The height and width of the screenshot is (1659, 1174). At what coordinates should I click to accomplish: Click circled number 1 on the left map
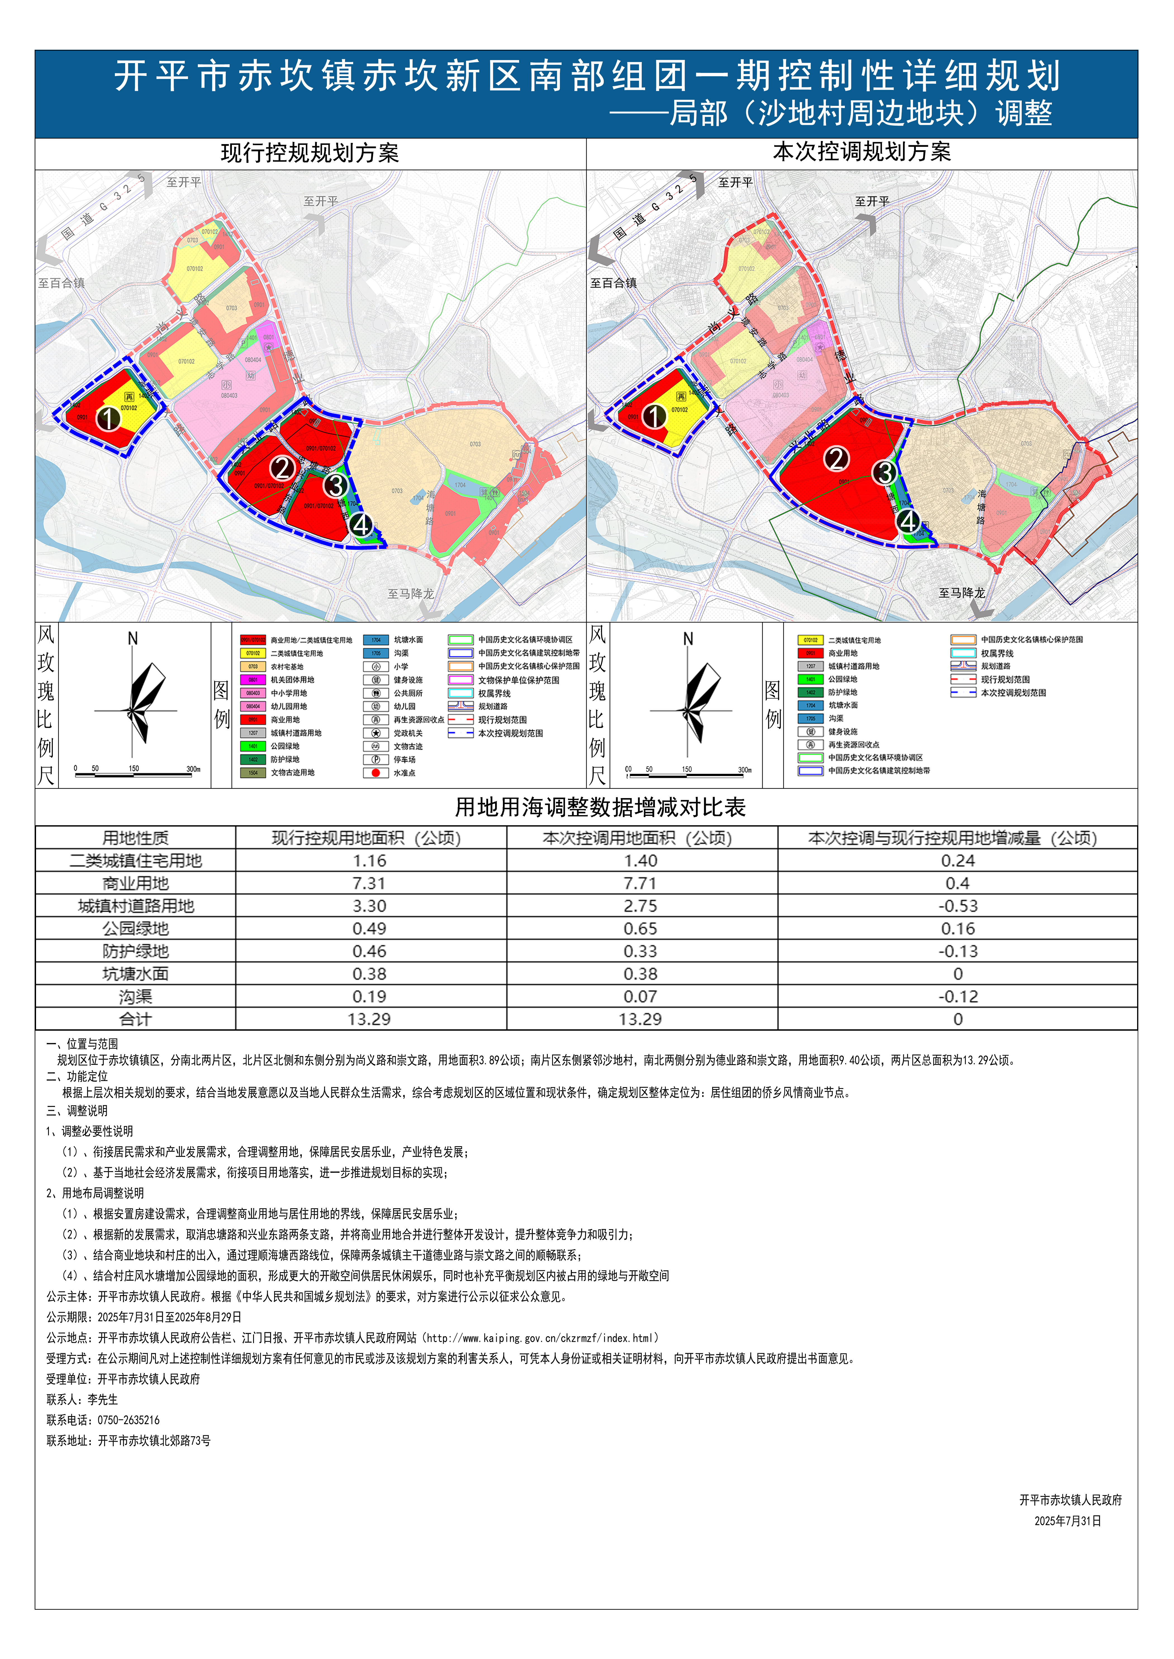pos(108,418)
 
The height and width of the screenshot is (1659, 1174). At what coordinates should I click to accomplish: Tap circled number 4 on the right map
pos(909,521)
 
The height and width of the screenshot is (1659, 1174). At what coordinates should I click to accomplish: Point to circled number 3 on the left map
pos(336,486)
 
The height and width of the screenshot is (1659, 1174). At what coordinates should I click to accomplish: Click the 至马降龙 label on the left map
pos(411,594)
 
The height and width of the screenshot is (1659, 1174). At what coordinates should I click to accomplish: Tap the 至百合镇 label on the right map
pos(613,283)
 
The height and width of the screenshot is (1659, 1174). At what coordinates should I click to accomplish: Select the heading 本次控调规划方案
pos(862,152)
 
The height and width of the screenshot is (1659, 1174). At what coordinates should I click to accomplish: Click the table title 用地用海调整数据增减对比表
pos(600,807)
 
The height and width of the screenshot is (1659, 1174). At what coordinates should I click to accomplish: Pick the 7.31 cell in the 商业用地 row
pos(369,883)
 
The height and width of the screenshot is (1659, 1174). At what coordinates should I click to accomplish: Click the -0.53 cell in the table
pos(958,906)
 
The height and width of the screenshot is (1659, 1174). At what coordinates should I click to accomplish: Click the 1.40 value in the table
pos(640,861)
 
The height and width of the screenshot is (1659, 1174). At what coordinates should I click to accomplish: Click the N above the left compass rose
pos(132,639)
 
